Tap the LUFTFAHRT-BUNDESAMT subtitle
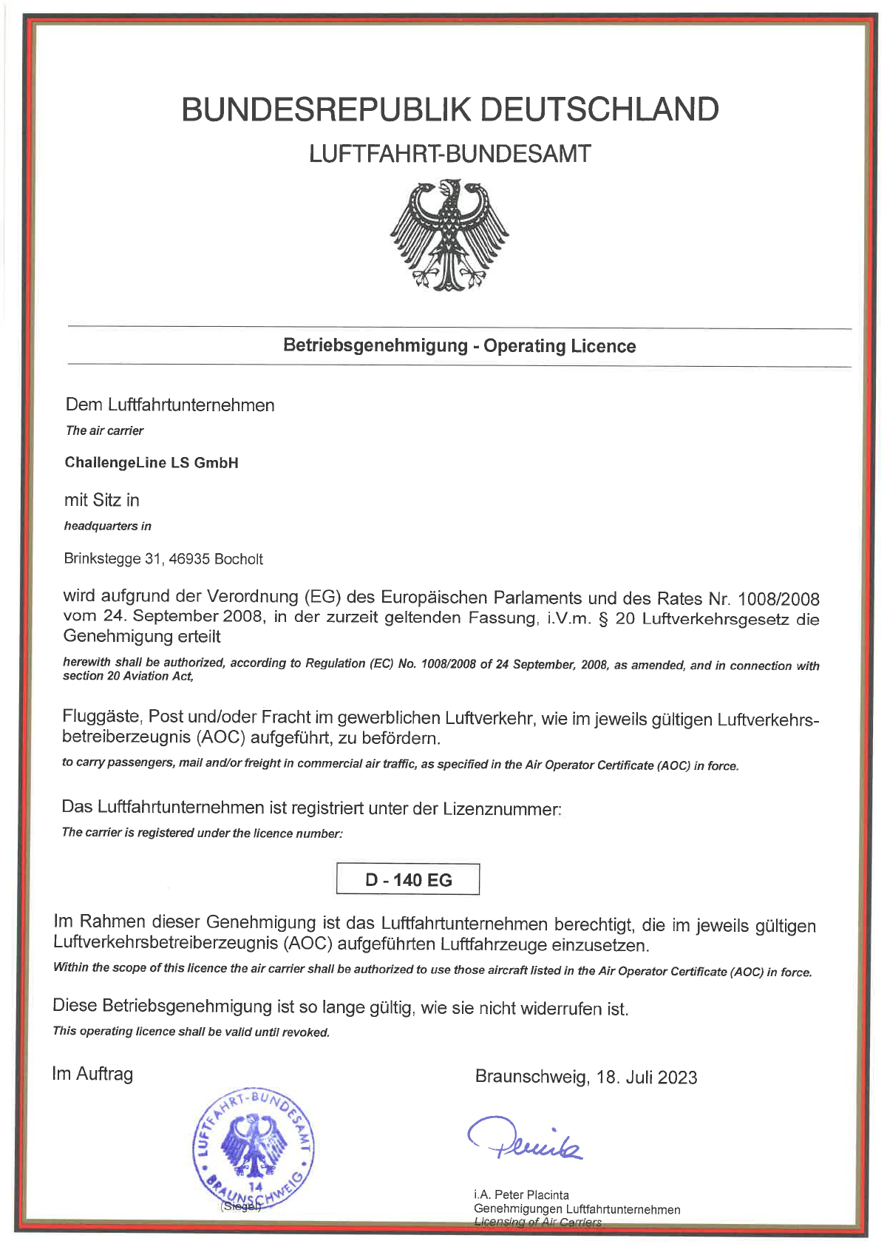(449, 154)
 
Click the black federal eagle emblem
(449, 234)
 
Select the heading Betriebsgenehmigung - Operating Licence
(459, 346)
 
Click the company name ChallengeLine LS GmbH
(152, 463)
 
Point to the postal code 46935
(189, 559)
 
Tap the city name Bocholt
(238, 559)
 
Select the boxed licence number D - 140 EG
(408, 880)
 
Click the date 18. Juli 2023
(647, 1077)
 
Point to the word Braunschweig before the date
(531, 1077)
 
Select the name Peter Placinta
(531, 1194)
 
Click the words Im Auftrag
(92, 1074)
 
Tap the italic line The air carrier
(104, 430)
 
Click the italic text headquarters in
(107, 526)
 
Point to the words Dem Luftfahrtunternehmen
(170, 405)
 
